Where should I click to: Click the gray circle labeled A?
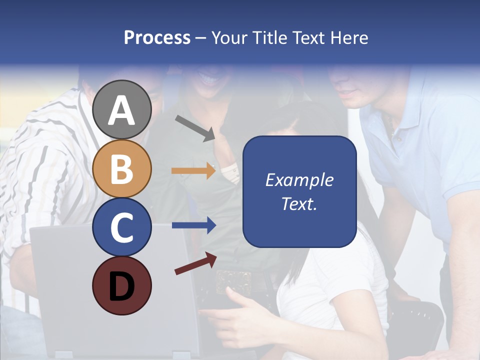click(122, 109)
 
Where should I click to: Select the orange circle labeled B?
click(122, 168)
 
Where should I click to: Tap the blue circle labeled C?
click(122, 227)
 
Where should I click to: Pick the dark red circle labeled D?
click(122, 285)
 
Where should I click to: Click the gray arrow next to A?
click(195, 127)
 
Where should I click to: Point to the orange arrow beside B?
click(193, 171)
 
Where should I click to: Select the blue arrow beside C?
click(193, 225)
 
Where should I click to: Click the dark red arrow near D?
click(195, 263)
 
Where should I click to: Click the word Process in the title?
click(157, 37)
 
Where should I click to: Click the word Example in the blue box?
click(299, 180)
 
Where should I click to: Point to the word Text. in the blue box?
click(299, 203)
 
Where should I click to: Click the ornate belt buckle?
click(233, 281)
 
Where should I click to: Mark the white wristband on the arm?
click(230, 173)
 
